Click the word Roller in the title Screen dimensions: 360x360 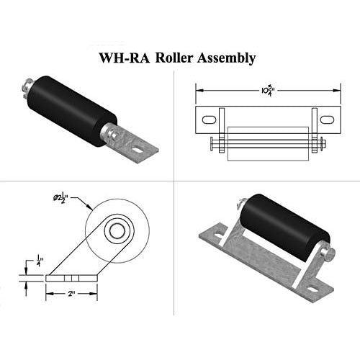pyautogui.click(x=179, y=57)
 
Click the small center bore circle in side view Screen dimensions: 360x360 pyautogui.click(x=114, y=231)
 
